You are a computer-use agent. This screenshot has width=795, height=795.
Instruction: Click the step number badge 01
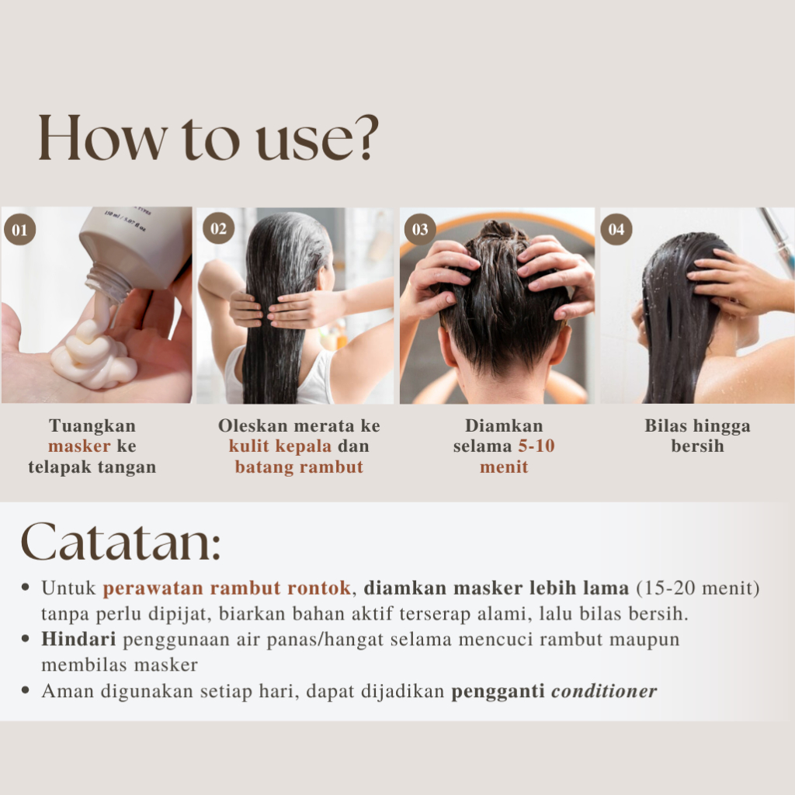pyautogui.click(x=19, y=230)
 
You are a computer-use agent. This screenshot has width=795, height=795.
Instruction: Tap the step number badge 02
pyautogui.click(x=218, y=228)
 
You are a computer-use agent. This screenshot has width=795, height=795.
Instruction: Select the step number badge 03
pyautogui.click(x=420, y=229)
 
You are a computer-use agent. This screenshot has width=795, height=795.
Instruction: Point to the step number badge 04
pyautogui.click(x=616, y=229)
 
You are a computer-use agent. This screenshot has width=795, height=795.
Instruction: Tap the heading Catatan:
pyautogui.click(x=120, y=541)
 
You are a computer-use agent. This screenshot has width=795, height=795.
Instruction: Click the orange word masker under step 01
pyautogui.click(x=79, y=446)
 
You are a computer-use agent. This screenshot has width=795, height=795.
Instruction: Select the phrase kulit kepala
pyautogui.click(x=279, y=446)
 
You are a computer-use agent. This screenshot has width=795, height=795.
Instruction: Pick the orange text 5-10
pyautogui.click(x=536, y=446)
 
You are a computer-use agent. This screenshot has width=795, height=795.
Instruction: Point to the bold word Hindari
pyautogui.click(x=78, y=639)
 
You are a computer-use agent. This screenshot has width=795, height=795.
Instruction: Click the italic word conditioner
pyautogui.click(x=604, y=690)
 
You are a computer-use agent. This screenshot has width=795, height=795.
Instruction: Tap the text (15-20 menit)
pyautogui.click(x=698, y=588)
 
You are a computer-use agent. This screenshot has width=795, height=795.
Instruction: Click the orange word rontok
pyautogui.click(x=319, y=588)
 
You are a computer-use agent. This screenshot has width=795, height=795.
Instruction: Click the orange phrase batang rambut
pyautogui.click(x=299, y=467)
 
